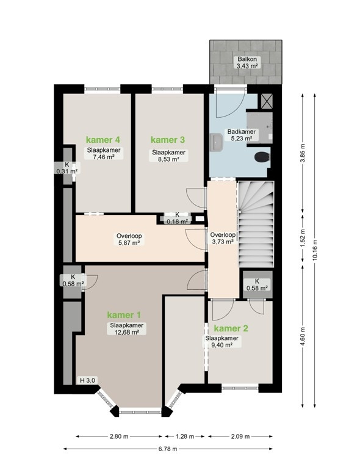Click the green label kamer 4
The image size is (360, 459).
(x=103, y=140)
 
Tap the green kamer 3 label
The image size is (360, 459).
(x=168, y=140)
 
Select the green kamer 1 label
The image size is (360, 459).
(x=124, y=315)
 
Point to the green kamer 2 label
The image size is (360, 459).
(x=231, y=328)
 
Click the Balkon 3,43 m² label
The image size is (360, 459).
(x=247, y=62)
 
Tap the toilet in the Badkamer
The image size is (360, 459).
(x=262, y=157)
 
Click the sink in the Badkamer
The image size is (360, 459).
(x=216, y=142)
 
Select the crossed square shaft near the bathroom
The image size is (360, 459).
(x=267, y=101)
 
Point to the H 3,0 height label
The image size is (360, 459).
(x=87, y=380)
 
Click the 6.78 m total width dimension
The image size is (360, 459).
(x=168, y=449)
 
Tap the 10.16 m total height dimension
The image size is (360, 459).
(x=315, y=250)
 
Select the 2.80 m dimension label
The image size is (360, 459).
(x=119, y=436)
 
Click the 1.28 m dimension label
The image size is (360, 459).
(x=185, y=436)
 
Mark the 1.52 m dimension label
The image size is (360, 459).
(x=303, y=238)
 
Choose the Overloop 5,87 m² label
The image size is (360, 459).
(x=129, y=239)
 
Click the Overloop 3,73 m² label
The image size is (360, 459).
(x=223, y=238)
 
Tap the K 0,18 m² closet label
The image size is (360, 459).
(x=178, y=218)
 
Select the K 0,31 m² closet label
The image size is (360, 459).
(x=67, y=168)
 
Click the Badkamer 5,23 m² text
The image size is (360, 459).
(x=242, y=135)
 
